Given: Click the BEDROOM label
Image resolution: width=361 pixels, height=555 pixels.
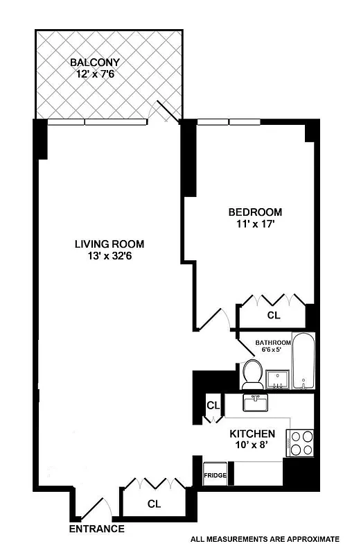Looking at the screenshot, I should pyautogui.click(x=256, y=212).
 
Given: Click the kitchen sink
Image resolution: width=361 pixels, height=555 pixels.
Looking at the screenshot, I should pyautogui.click(x=256, y=402).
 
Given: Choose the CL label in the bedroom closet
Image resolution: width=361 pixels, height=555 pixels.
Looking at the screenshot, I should pyautogui.click(x=274, y=315).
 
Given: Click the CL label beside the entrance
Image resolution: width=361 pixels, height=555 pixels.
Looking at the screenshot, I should pyautogui.click(x=153, y=504).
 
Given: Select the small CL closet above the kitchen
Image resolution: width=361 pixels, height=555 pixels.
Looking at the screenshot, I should pyautogui.click(x=213, y=406).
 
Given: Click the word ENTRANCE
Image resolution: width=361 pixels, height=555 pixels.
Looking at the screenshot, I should pyautogui.click(x=96, y=529).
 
